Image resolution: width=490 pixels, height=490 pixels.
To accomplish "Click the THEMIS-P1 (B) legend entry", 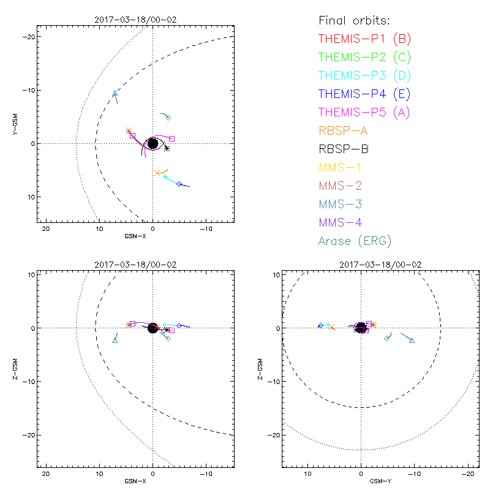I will tap(364, 39).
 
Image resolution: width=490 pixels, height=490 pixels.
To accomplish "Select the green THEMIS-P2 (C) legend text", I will tap(364, 58).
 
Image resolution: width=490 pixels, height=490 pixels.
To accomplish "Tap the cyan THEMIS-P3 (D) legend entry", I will tap(364, 76).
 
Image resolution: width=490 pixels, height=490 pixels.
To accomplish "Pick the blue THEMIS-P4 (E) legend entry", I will tap(364, 94).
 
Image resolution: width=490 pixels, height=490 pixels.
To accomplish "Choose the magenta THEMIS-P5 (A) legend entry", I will tap(364, 113).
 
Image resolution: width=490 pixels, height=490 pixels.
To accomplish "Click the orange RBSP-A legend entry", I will tap(344, 130).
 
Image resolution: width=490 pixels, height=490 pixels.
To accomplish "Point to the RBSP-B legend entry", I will tap(344, 149).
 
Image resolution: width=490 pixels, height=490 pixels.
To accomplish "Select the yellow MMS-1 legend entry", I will tap(339, 167).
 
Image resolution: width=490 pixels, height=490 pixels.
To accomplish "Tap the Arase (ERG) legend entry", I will tap(355, 241).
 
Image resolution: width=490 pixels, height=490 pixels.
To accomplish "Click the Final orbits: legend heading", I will tap(359, 21).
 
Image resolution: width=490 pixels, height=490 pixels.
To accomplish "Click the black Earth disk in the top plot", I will tap(153, 143).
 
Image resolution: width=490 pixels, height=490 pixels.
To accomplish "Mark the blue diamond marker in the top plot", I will tap(179, 184).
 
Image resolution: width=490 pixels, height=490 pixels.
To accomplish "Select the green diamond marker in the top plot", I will tap(168, 118).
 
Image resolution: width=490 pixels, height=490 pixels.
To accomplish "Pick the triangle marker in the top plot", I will tap(115, 94).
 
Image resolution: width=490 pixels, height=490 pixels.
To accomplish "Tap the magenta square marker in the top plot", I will tap(172, 138).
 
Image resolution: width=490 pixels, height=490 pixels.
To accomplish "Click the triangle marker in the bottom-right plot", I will tap(412, 341).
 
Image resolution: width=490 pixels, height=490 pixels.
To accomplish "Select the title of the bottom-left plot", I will tap(135, 265).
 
